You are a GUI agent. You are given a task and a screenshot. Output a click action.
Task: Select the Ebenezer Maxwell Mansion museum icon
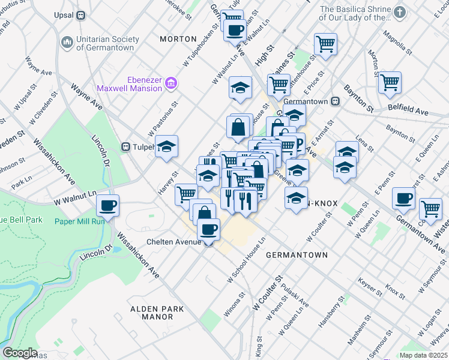tap(170, 83)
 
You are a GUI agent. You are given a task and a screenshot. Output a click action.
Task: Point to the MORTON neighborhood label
tap(178, 39)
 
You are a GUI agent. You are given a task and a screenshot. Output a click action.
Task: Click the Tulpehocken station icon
tap(127, 146)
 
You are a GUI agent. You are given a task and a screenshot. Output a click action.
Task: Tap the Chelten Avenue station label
tap(174, 242)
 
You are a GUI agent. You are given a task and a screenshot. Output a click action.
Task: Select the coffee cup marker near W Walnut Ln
tap(108, 205)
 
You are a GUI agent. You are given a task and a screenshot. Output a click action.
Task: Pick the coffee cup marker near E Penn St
tap(403, 198)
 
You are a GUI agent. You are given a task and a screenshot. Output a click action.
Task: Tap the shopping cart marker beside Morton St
tap(390, 82)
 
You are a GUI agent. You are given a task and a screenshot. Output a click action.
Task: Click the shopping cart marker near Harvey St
tap(187, 194)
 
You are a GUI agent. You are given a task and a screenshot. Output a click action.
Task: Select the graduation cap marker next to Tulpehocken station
tap(166, 146)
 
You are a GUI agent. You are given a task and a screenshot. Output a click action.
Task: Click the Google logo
tap(20, 353)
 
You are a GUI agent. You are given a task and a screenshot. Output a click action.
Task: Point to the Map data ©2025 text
tap(423, 355)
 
